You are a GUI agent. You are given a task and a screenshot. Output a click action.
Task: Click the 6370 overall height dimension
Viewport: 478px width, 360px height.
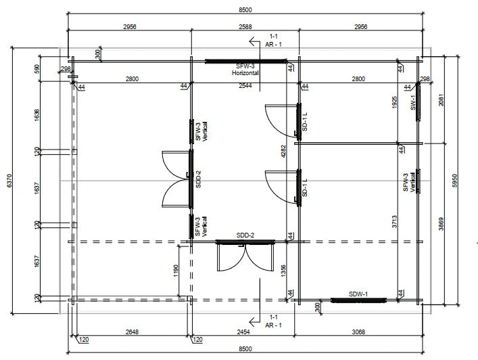click(9, 181)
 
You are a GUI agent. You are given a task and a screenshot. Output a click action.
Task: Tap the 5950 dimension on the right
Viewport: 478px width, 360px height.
click(454, 181)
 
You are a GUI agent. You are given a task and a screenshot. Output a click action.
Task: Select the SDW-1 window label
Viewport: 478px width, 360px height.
click(358, 294)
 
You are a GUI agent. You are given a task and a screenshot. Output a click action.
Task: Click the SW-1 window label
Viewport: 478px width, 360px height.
click(413, 102)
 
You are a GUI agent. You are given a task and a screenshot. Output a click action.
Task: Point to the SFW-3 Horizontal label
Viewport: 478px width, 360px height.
click(245, 70)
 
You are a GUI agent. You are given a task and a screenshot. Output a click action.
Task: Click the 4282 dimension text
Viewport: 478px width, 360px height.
click(283, 151)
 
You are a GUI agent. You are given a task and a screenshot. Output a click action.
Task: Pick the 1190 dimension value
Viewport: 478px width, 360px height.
click(176, 271)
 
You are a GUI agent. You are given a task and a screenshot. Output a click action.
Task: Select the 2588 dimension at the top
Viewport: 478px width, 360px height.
click(245, 27)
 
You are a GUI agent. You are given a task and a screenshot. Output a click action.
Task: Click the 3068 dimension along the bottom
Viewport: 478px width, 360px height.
click(358, 332)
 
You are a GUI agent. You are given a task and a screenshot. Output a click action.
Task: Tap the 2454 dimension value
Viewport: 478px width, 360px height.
click(243, 332)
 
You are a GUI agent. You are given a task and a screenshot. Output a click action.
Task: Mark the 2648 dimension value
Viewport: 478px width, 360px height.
click(132, 332)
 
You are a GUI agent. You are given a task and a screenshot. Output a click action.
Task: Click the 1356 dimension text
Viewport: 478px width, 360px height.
click(283, 271)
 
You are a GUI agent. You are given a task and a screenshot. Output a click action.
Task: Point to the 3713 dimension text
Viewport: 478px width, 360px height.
click(394, 221)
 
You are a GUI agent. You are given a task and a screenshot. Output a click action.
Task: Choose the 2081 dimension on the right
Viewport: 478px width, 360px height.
click(441, 99)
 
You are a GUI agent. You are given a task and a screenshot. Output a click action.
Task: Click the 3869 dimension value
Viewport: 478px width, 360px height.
click(441, 223)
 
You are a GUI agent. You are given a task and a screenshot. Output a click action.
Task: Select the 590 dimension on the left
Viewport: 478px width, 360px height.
click(37, 70)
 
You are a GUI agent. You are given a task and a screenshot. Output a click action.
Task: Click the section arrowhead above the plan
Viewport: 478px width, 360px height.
click(252, 41)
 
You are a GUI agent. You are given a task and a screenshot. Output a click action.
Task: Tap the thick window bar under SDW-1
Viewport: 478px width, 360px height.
click(358, 300)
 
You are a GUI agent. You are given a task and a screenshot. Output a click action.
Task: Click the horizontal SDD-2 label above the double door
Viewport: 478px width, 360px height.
click(245, 235)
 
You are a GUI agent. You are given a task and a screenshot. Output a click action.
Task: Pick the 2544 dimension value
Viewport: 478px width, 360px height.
click(245, 86)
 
